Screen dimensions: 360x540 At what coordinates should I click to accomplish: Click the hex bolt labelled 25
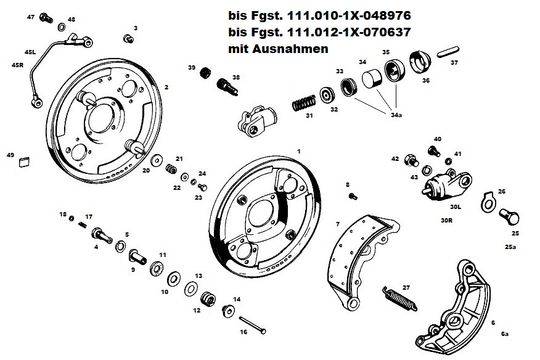tap(511, 217)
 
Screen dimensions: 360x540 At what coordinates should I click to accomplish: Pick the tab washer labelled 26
tap(488, 200)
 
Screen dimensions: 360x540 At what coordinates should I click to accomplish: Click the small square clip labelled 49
tap(24, 162)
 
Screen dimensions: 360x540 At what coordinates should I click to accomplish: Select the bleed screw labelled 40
tap(433, 149)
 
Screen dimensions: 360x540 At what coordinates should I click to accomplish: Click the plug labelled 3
tap(129, 40)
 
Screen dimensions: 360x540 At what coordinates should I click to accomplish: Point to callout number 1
tap(299, 150)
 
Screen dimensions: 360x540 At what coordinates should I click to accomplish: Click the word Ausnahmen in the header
tap(298, 47)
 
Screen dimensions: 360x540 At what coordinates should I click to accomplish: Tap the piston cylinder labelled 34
tap(371, 80)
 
